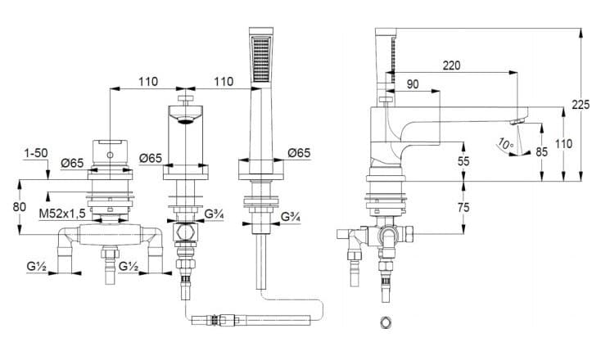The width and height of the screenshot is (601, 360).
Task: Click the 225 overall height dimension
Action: pos(581,105)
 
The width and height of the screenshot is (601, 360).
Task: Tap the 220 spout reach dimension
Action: pos(451,65)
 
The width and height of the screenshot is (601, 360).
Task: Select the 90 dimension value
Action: pos(413,84)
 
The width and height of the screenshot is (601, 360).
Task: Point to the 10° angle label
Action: pos(506,145)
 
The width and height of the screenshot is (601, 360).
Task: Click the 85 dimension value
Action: pos(541,152)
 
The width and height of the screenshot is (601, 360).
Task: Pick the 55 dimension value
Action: pos(463,161)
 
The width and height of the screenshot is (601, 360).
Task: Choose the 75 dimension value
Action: pos(463,207)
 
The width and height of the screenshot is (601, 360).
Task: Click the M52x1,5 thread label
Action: pos(61,214)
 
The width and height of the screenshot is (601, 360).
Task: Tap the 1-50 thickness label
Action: pos(36,153)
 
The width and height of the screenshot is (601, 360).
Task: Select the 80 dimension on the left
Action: pos(20,207)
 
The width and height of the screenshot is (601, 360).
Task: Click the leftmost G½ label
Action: pos(36,266)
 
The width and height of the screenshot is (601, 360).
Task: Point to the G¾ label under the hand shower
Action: pos(291,217)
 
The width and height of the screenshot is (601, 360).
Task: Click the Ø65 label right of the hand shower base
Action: pos(299,153)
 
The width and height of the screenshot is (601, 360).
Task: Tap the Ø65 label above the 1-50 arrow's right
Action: pos(72,163)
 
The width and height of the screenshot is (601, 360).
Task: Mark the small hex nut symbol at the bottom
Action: pos(386,322)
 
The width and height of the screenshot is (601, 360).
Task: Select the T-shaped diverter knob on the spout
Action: pos(186,100)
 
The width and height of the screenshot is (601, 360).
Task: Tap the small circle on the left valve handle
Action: pos(110,155)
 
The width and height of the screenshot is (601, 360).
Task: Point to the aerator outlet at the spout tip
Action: pos(517,122)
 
